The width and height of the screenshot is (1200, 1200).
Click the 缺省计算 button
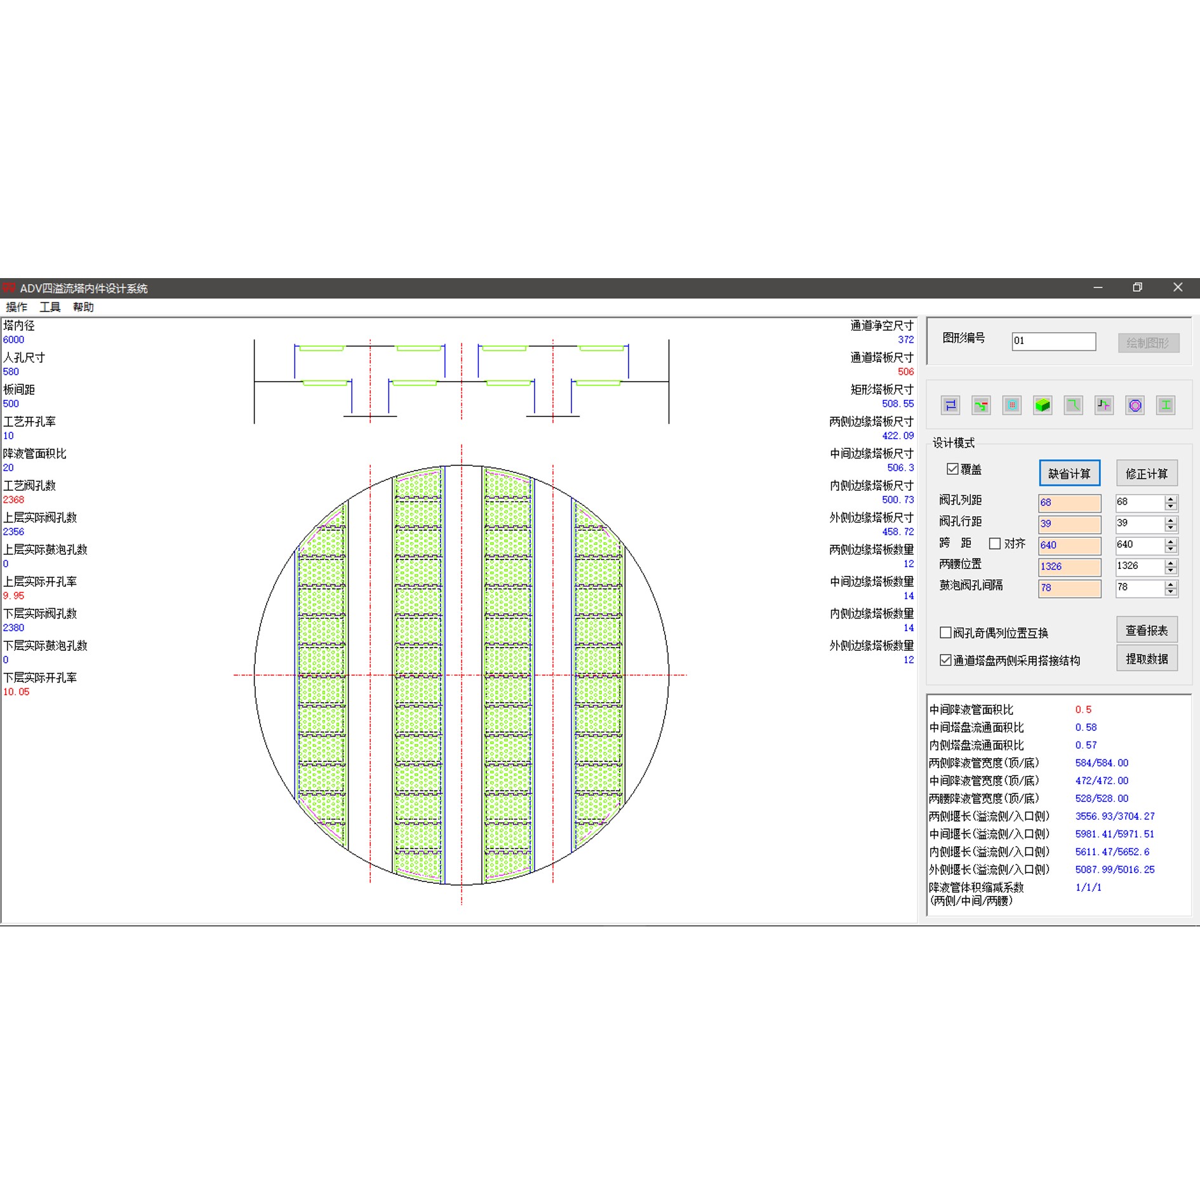click(1069, 473)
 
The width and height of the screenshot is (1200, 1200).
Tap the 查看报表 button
click(1147, 630)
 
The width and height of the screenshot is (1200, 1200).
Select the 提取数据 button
click(1147, 658)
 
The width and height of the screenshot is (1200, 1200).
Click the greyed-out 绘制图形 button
click(1148, 343)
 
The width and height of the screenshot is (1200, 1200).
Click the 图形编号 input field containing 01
click(1053, 341)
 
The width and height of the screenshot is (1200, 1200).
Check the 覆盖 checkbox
click(952, 469)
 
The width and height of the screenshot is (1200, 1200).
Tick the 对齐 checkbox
click(995, 543)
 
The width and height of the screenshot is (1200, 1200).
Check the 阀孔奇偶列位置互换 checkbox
click(945, 632)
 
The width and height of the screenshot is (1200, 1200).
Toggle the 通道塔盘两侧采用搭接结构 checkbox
click(945, 660)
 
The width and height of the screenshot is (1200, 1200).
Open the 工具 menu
click(50, 307)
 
